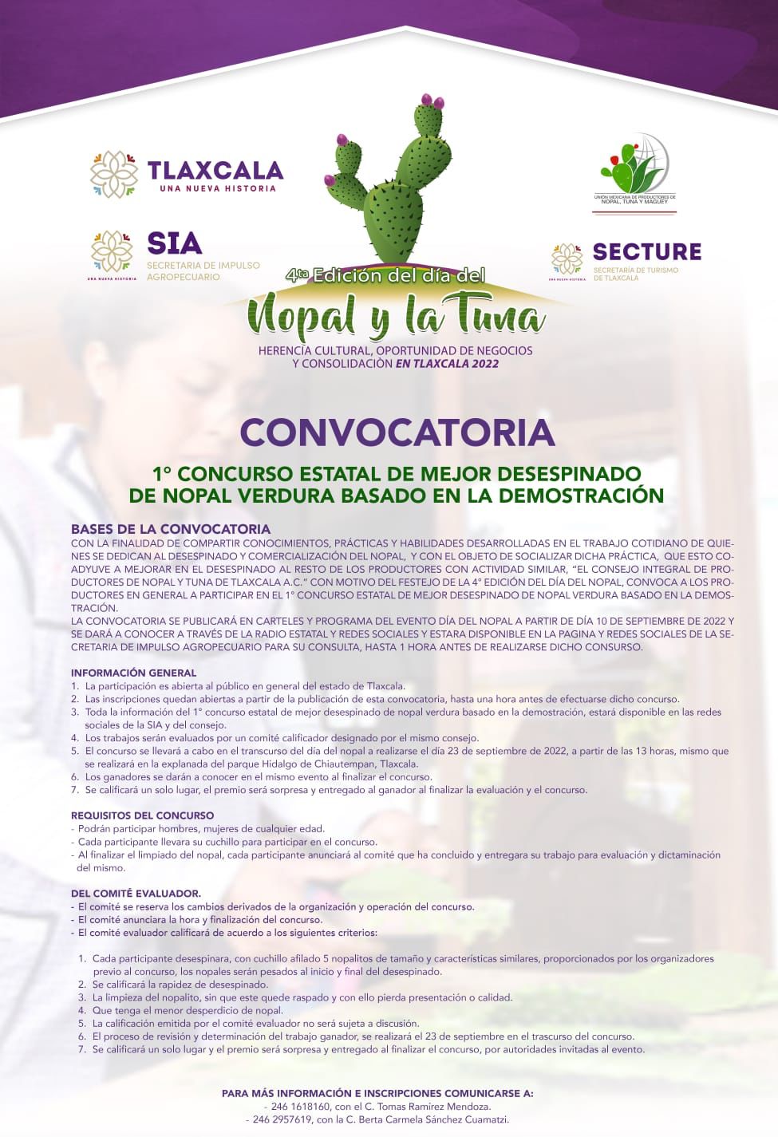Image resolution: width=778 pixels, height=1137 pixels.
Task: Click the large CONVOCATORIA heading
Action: coord(397,432)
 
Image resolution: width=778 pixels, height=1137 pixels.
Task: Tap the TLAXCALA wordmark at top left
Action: coord(215,170)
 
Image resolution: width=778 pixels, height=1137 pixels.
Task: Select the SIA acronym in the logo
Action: coord(174,243)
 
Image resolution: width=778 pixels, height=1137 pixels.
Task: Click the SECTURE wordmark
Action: coord(646,252)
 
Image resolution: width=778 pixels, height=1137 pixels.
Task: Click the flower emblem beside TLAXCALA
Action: coord(114,174)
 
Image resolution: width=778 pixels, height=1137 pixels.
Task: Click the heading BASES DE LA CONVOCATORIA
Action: coord(171,529)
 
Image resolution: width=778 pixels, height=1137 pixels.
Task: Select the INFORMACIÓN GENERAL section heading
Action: coord(133,673)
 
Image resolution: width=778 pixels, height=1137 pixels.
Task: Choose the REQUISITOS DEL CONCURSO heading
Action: coord(142,815)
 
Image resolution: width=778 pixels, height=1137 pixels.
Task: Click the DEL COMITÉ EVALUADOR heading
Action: coord(136,894)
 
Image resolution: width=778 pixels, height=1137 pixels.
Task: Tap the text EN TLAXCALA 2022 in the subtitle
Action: coord(447,364)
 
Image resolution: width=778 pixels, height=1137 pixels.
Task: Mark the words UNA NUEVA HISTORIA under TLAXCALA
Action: coord(217,189)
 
